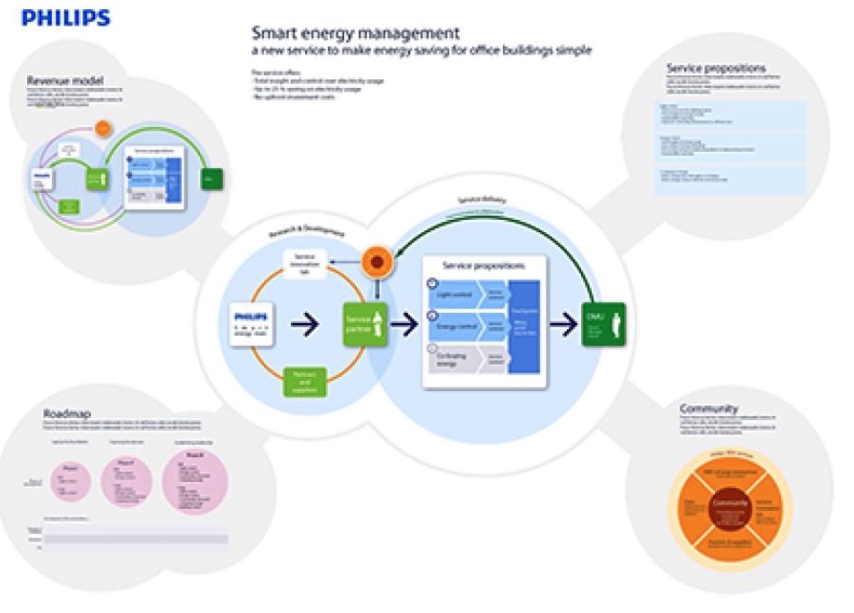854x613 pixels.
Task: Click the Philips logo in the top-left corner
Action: (x=66, y=18)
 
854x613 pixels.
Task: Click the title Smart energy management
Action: (x=355, y=33)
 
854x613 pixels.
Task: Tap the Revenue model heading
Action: (x=65, y=81)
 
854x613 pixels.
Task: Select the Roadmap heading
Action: (x=67, y=413)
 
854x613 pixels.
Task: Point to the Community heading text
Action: (x=708, y=408)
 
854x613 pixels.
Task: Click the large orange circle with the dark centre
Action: (x=377, y=262)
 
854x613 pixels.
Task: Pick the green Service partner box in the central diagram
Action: (x=365, y=325)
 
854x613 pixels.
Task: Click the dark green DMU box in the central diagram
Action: (x=603, y=325)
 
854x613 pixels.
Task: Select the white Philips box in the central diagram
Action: (x=251, y=324)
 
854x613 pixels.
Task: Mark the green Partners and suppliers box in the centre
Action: (x=305, y=381)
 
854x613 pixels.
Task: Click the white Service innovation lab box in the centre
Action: (x=305, y=264)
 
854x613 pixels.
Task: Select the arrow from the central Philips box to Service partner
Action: (x=305, y=325)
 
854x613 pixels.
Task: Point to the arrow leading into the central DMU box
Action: (x=563, y=325)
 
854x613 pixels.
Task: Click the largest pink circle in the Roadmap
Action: (x=195, y=481)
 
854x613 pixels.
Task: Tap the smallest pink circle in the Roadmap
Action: (x=71, y=481)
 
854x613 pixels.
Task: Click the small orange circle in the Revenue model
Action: (x=102, y=128)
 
